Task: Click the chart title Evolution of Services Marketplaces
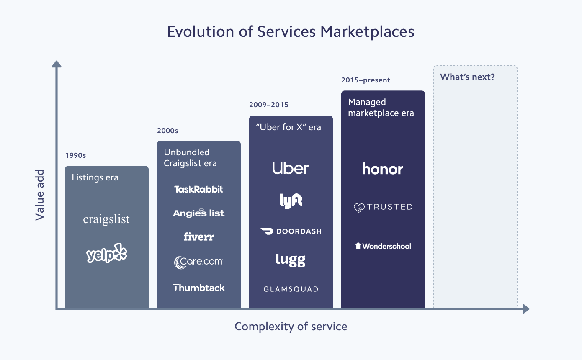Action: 291,32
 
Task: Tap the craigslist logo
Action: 106,219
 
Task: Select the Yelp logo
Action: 106,254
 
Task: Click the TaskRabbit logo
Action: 198,189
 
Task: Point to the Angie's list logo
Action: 198,213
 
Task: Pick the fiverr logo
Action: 198,237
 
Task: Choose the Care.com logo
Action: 198,262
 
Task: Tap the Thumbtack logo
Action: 198,288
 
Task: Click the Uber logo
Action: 291,168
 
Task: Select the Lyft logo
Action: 291,200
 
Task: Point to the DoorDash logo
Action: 291,231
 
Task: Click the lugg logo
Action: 291,260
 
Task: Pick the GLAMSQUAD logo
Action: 291,289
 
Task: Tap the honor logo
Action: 383,169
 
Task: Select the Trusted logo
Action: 383,207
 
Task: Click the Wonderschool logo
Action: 383,246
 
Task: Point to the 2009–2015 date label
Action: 268,105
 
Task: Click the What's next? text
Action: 467,77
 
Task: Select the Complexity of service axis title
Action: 291,327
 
